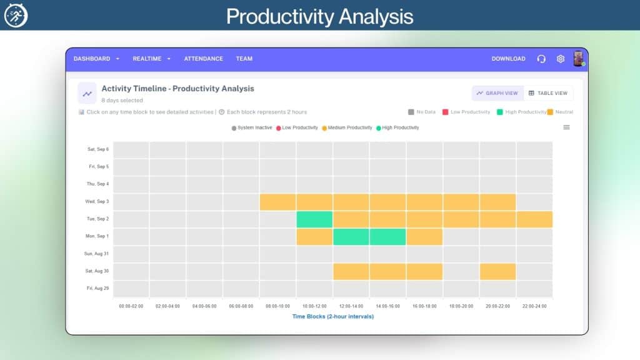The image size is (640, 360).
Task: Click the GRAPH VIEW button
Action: tap(497, 93)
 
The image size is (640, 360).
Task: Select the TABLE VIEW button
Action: tap(548, 93)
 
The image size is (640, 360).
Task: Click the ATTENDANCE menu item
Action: tap(203, 59)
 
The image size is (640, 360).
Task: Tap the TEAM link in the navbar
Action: tap(244, 59)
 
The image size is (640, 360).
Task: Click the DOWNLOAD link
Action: tap(508, 59)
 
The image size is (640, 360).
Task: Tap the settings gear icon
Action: tap(561, 59)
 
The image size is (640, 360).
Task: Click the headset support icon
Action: tap(541, 59)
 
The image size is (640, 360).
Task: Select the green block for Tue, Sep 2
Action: tap(314, 219)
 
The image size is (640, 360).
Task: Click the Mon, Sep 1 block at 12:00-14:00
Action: tap(351, 237)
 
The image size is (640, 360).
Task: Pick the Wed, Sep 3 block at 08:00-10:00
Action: tap(277, 202)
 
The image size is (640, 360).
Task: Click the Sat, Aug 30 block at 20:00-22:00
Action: tap(497, 271)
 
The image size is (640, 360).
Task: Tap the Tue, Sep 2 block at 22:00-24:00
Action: tap(534, 219)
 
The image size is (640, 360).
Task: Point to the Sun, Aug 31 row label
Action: tap(96, 254)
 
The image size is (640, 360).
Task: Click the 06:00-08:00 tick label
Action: tap(241, 306)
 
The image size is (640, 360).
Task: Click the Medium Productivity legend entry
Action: tap(347, 127)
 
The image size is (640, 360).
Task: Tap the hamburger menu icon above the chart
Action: tap(566, 127)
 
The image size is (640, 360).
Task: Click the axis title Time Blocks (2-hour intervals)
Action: tap(332, 316)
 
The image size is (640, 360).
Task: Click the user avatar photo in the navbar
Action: tap(578, 59)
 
